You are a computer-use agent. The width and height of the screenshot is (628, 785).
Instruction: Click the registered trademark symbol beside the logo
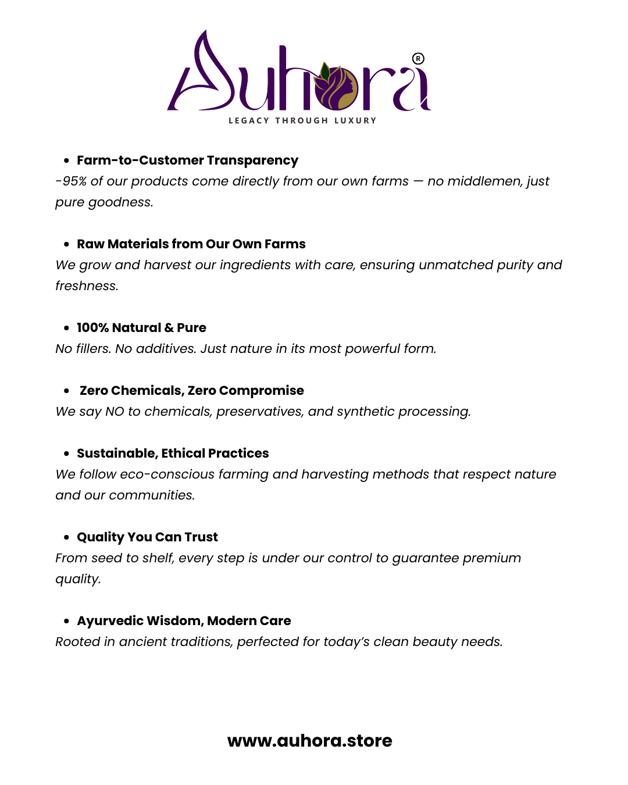[418, 59]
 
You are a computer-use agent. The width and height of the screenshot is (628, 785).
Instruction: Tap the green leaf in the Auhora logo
[326, 73]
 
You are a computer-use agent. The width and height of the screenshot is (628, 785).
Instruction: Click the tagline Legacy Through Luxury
[302, 120]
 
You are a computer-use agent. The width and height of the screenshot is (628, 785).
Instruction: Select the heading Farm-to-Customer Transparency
[187, 160]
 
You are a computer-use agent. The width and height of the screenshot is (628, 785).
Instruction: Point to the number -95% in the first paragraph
[71, 181]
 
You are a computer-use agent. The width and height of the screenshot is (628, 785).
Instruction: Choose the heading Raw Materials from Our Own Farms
[191, 244]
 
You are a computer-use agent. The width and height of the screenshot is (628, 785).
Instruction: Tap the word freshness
[87, 286]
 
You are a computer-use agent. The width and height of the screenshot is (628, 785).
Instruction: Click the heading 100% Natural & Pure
[141, 328]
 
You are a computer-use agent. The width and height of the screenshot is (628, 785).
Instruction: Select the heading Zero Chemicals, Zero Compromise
[191, 391]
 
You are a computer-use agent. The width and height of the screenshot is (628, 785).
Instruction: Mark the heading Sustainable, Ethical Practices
[173, 454]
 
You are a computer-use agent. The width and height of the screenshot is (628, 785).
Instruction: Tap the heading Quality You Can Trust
[147, 537]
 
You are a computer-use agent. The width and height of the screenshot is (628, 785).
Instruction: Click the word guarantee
[426, 558]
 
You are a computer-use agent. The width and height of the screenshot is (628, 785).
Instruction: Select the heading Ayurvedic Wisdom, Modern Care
[184, 621]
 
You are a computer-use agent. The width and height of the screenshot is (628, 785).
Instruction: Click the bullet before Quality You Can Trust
[67, 537]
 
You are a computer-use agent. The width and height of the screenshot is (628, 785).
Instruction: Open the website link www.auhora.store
[309, 741]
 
